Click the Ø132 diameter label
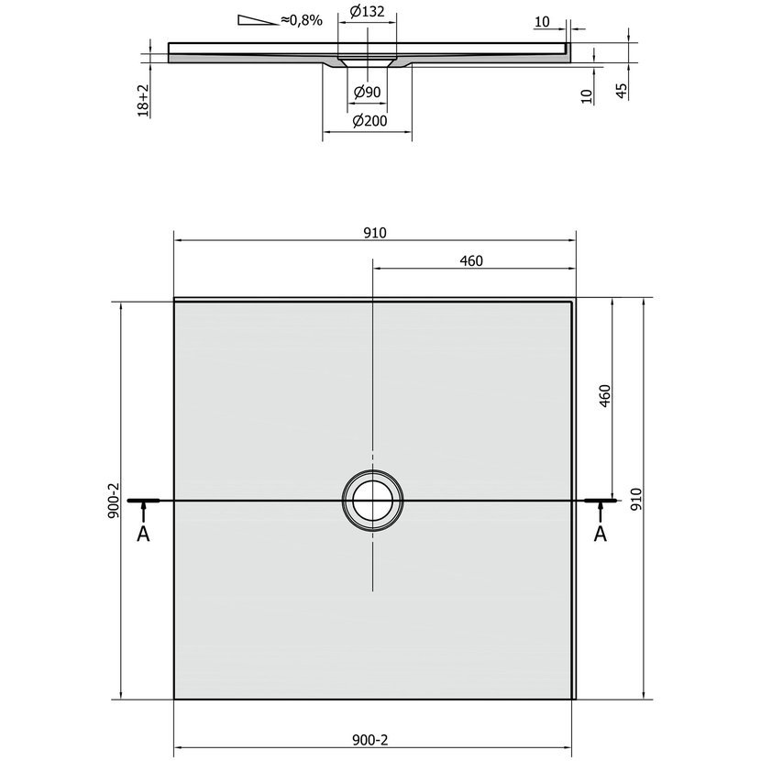coord(367,12)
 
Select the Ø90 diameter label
coord(367,92)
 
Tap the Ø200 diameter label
coord(369,120)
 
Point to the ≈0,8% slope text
coord(302,20)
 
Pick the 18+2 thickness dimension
coord(143,101)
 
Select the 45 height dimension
coord(622,91)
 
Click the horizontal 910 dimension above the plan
coord(375,233)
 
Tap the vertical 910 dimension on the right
coord(635,499)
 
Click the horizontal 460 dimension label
coord(471,261)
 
